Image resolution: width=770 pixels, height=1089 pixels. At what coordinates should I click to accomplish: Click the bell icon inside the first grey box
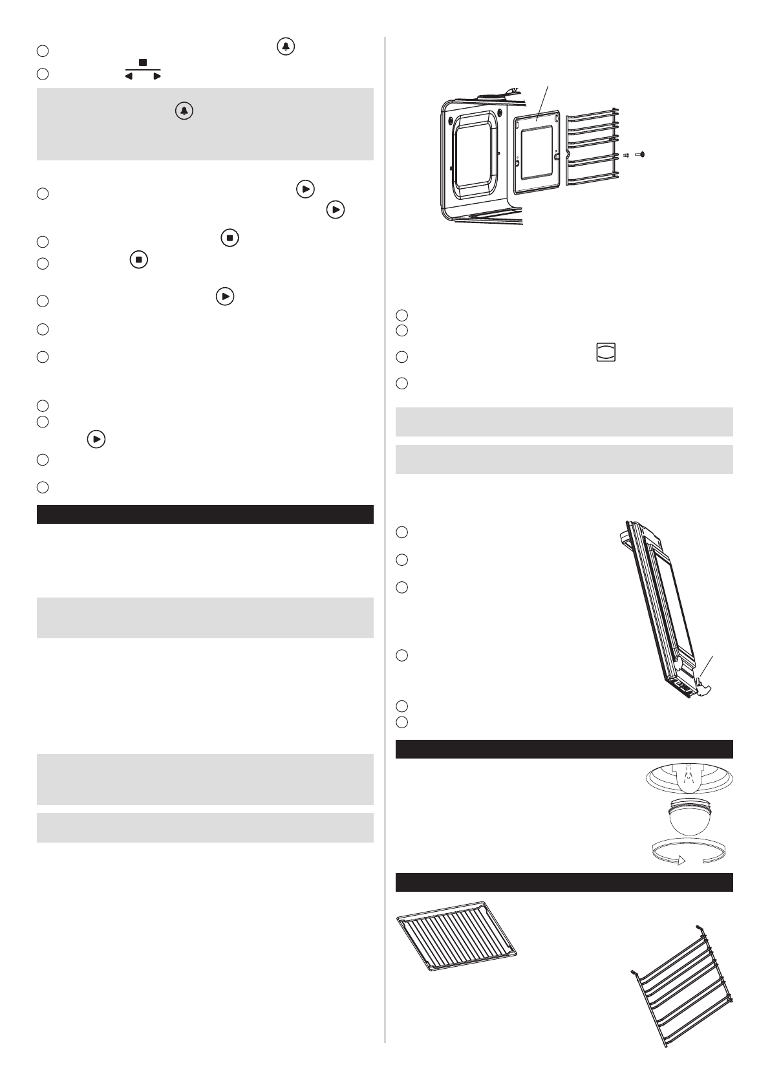click(x=184, y=111)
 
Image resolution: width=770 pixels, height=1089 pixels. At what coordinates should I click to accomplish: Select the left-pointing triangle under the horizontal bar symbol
click(x=128, y=76)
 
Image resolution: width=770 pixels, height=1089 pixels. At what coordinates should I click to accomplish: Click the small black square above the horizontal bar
click(x=143, y=63)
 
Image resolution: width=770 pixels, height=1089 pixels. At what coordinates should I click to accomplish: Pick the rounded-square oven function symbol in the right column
click(x=606, y=352)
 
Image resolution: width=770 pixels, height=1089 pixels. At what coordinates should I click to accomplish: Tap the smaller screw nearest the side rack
click(x=626, y=155)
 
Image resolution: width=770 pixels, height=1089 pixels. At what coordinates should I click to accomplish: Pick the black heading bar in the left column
click(x=205, y=514)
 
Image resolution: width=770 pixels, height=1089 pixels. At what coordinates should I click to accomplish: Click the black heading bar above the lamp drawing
click(x=564, y=749)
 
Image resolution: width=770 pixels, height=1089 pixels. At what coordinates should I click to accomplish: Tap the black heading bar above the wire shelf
click(x=564, y=882)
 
